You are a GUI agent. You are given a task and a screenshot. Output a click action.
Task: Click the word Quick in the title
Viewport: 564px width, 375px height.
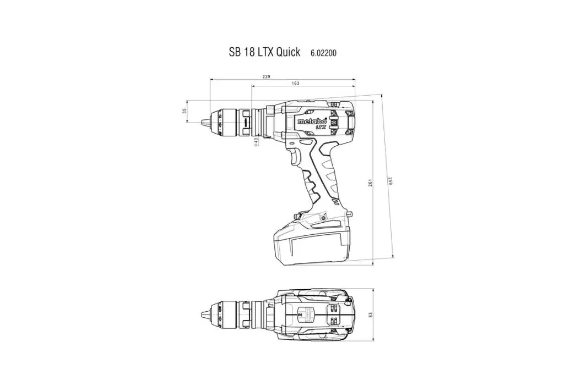288,52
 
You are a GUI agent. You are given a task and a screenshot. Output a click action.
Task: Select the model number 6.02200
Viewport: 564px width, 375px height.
323,53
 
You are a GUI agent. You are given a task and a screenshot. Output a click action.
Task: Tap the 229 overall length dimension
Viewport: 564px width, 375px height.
266,76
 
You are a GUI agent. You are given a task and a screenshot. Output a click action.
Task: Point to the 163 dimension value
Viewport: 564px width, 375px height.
295,83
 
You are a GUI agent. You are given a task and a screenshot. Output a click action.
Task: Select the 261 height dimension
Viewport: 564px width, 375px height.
370,182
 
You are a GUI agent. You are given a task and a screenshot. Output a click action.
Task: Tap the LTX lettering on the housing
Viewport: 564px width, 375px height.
321,127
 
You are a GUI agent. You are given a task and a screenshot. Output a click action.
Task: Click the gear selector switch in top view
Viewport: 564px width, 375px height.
301,316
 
